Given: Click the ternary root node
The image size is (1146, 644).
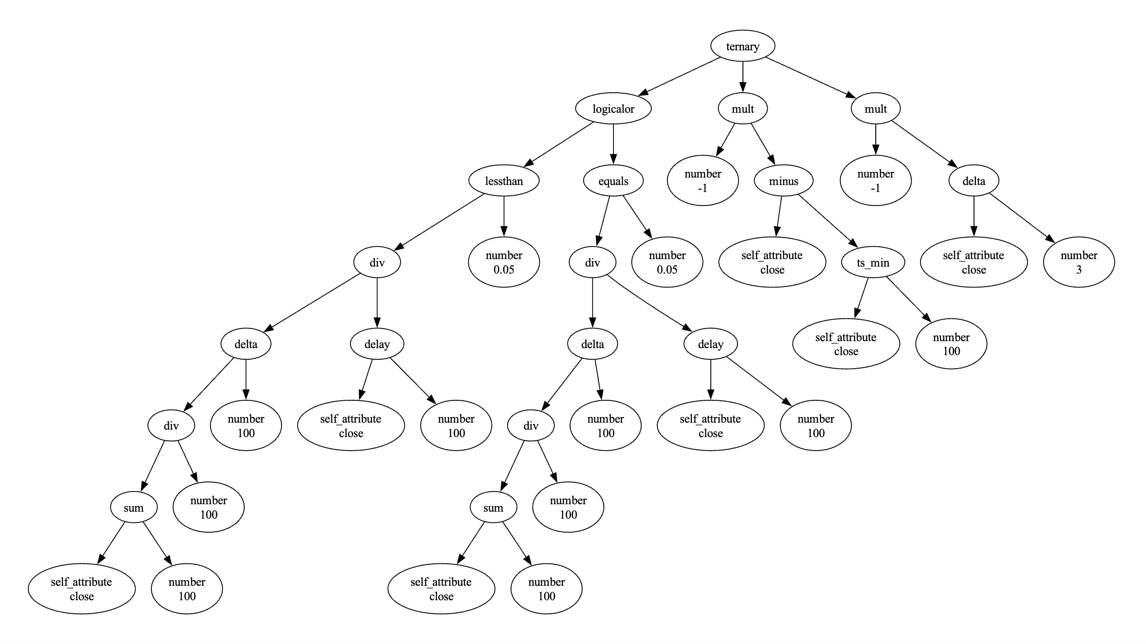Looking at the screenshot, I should coord(743,46).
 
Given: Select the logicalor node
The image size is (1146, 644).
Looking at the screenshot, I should coord(613,109).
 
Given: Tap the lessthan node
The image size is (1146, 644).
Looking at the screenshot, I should coord(504,181).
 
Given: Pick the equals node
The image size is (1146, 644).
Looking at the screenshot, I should coord(613,181).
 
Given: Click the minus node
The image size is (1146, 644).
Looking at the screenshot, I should coord(784,181).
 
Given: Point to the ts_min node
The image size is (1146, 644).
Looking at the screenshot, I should coord(873,263).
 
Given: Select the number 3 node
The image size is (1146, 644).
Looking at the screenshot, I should coord(1078,262).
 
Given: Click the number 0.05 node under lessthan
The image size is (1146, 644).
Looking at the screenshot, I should coord(504,262).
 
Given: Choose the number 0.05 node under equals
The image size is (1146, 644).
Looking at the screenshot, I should coord(667,262).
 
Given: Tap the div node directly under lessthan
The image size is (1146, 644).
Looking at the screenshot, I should coord(377,263).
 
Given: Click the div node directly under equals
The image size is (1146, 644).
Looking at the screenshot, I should coord(592,263).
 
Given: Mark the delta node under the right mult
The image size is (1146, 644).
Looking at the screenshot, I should coord(974,181).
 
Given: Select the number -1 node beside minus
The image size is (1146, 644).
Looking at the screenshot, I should coord(703,181).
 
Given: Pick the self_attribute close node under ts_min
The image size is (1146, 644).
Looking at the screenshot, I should coord(846,344).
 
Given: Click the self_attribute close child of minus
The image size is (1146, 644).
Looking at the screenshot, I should coord(772,262).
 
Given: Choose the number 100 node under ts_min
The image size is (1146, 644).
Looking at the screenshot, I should coord(951,344).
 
